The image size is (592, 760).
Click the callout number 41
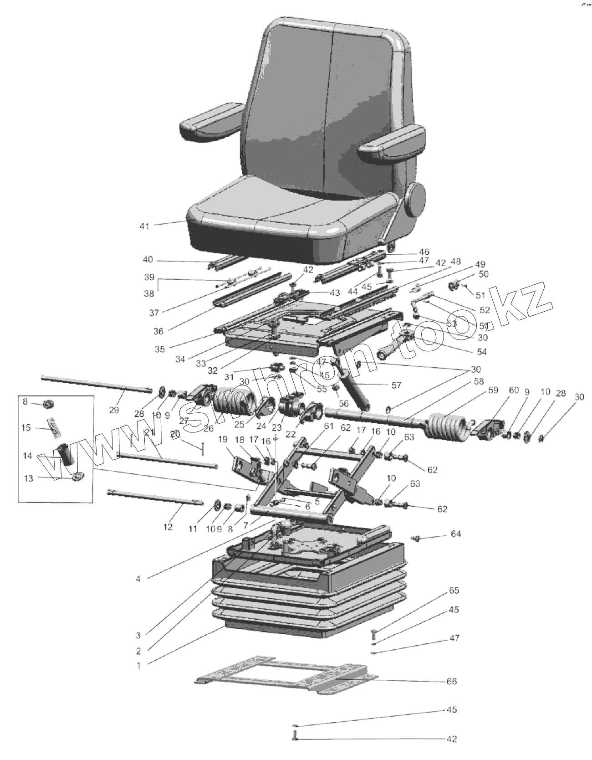pos(144,226)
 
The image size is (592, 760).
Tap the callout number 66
pos(451,681)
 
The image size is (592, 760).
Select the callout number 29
pos(114,410)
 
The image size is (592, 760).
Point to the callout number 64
pos(456,533)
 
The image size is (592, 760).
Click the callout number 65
pos(454,591)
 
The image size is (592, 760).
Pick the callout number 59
pos(493,390)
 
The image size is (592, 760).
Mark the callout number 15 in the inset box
pos(26,428)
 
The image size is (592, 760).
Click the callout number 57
pos(396,385)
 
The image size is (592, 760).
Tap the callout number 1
pos(138,665)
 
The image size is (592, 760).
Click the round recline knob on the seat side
pos(415,199)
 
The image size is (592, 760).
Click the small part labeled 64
pos(415,539)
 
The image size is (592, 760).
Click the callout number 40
pos(148,260)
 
